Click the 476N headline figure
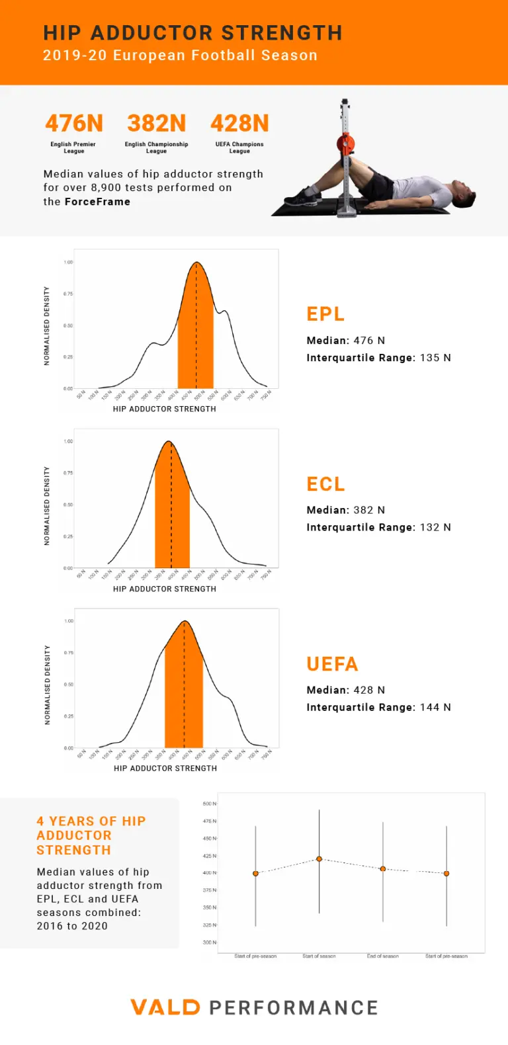point(74,124)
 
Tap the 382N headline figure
point(157,124)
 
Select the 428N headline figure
point(239,124)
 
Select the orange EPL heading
point(325,314)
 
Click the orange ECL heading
point(325,484)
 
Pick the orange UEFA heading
point(332,664)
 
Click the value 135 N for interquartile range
point(435,358)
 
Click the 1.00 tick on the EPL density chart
point(69,263)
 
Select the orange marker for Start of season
point(319,859)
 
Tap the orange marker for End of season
point(383,868)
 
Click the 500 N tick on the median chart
point(209,804)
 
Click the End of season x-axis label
point(383,956)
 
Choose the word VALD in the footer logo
point(165,1007)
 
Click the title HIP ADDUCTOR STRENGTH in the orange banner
point(192,33)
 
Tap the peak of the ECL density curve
point(169,441)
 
